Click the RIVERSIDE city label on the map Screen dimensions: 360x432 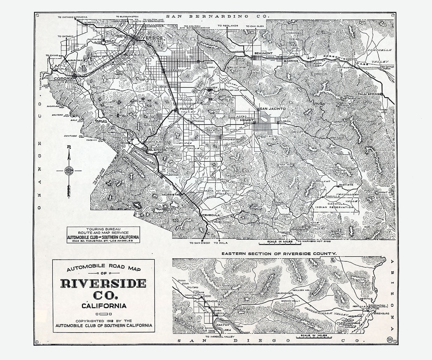[150, 37]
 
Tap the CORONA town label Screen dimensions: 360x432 [64, 78]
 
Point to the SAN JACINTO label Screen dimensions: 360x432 [272, 109]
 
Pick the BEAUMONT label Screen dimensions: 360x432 [263, 53]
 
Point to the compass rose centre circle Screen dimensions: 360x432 [69, 170]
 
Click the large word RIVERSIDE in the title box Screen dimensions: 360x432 [103, 283]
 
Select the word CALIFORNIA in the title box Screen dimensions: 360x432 [104, 306]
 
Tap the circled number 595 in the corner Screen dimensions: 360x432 [389, 340]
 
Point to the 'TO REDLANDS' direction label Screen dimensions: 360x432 [228, 26]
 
